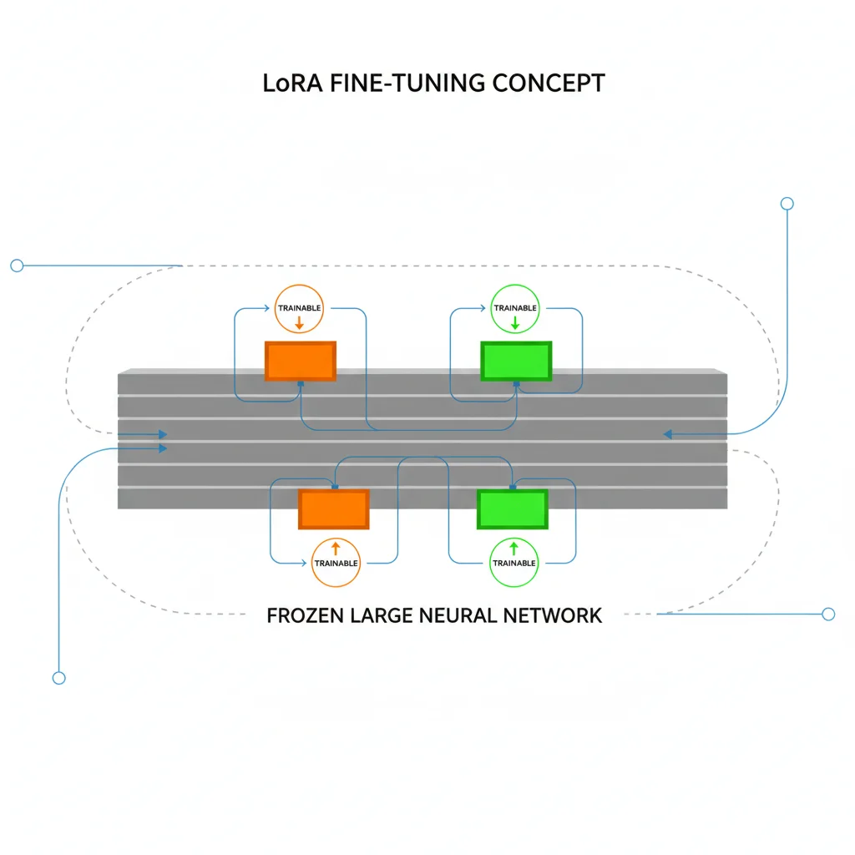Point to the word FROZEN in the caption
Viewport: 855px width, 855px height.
tap(305, 616)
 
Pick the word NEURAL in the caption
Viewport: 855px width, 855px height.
tap(458, 616)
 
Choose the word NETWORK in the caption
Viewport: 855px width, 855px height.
tap(552, 616)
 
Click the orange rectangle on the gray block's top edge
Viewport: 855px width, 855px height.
tap(301, 361)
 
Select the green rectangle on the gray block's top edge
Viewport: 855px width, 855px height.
tap(516, 361)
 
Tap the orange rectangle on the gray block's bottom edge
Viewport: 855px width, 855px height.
tap(334, 509)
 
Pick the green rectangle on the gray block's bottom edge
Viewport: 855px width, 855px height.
tap(512, 509)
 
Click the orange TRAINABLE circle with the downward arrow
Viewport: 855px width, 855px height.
tap(299, 311)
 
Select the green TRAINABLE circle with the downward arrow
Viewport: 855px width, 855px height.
tap(515, 311)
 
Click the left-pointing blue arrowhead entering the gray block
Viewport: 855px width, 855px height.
tap(668, 434)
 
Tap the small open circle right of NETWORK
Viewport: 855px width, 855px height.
tap(828, 615)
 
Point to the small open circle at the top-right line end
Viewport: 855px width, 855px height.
tap(786, 204)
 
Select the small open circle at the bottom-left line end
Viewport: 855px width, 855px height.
tap(58, 678)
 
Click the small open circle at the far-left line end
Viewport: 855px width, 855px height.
tap(17, 266)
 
